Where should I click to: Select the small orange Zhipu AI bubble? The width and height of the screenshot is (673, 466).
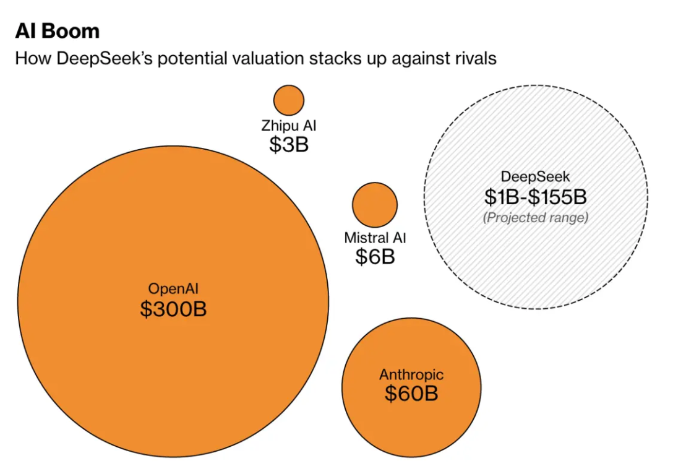pyautogui.click(x=289, y=100)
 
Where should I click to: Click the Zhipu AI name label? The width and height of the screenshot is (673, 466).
pyautogui.click(x=289, y=126)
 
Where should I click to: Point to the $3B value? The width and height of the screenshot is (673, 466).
pyautogui.click(x=289, y=144)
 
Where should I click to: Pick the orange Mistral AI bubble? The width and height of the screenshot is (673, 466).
pyautogui.click(x=375, y=204)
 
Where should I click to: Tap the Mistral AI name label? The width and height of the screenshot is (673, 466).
pyautogui.click(x=375, y=238)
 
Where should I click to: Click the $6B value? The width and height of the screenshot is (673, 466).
pyautogui.click(x=375, y=257)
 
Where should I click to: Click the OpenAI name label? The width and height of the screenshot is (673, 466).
pyautogui.click(x=173, y=288)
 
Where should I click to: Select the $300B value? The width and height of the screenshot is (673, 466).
pyautogui.click(x=173, y=309)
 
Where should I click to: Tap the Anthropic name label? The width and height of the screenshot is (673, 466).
pyautogui.click(x=411, y=375)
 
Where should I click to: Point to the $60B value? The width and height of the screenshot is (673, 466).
pyautogui.click(x=411, y=394)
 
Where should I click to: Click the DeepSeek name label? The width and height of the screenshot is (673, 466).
pyautogui.click(x=536, y=178)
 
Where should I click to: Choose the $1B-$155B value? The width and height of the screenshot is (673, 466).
pyautogui.click(x=536, y=197)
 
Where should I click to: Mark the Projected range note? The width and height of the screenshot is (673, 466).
pyautogui.click(x=536, y=218)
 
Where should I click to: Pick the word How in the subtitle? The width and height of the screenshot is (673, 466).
pyautogui.click(x=28, y=59)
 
